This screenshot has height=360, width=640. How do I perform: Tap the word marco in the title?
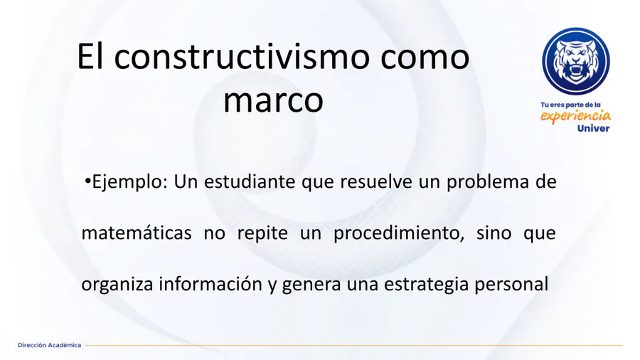click(273, 101)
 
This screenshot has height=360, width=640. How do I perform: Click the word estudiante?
click(250, 181)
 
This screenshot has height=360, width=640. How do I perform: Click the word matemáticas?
click(137, 233)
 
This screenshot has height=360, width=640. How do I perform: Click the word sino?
click(494, 233)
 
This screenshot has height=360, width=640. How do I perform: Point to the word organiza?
click(117, 285)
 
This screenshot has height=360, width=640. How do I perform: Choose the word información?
click(210, 284)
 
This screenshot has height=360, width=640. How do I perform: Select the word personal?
click(511, 285)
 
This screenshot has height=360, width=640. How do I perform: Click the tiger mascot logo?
click(576, 61)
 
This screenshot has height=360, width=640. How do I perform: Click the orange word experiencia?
click(575, 117)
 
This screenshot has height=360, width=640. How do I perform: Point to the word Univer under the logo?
click(593, 129)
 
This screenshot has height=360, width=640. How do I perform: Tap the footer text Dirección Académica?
click(49, 345)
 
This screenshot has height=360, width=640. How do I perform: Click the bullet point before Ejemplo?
click(87, 181)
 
